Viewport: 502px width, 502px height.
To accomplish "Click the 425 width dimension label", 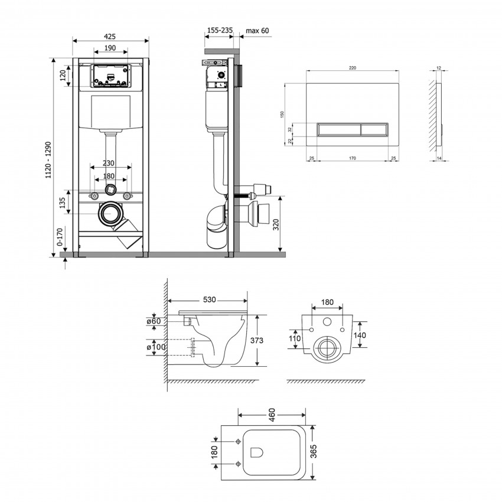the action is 109,37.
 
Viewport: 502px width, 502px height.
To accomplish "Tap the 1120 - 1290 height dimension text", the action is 48,160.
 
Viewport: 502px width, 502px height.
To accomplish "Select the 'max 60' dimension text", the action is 257,31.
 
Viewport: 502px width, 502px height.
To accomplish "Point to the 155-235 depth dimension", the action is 220,30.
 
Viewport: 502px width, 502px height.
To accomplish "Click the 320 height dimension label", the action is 276,224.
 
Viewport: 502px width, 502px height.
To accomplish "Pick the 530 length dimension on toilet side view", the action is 210,299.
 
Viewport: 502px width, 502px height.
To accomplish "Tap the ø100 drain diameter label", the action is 157,347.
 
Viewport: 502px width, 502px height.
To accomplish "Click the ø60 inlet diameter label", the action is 154,321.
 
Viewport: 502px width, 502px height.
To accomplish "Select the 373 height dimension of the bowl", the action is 257,340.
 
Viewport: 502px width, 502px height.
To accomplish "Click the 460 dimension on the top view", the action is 272,415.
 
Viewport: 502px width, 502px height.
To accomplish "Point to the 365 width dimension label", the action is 314,451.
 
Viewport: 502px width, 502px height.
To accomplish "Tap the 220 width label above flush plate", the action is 353,68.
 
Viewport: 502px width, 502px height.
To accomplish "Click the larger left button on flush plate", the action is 339,130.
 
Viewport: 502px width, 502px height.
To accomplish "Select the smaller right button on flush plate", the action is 374,130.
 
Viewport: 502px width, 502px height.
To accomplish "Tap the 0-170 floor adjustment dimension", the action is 60,237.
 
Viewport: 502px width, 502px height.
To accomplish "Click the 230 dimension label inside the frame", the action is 109,163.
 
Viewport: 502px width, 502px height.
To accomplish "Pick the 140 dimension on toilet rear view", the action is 360,335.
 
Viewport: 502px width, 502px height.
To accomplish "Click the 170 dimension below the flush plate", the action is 352,158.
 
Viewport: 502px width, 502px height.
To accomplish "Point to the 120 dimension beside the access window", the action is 63,75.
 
